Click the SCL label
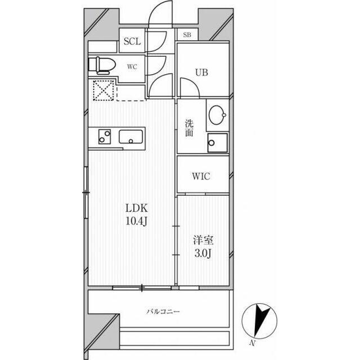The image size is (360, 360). (x=132, y=42)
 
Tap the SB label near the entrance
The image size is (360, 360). (x=187, y=35)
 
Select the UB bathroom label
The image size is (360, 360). (x=202, y=73)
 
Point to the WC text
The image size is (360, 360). (x=132, y=67)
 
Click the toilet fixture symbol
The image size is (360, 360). (x=102, y=65)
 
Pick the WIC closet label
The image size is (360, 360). (x=201, y=176)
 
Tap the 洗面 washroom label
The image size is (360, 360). (x=189, y=128)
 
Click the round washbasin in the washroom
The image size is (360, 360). (x=218, y=115)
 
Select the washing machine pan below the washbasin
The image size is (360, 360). (x=218, y=143)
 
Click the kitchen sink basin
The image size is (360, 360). (x=131, y=137)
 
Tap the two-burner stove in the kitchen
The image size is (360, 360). (x=105, y=137)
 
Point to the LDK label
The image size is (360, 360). (x=136, y=208)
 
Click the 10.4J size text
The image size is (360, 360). (x=136, y=221)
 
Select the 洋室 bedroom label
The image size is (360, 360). (x=203, y=241)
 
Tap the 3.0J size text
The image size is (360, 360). (x=203, y=254)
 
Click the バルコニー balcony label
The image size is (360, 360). (x=163, y=312)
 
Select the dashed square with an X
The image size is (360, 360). (x=103, y=90)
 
